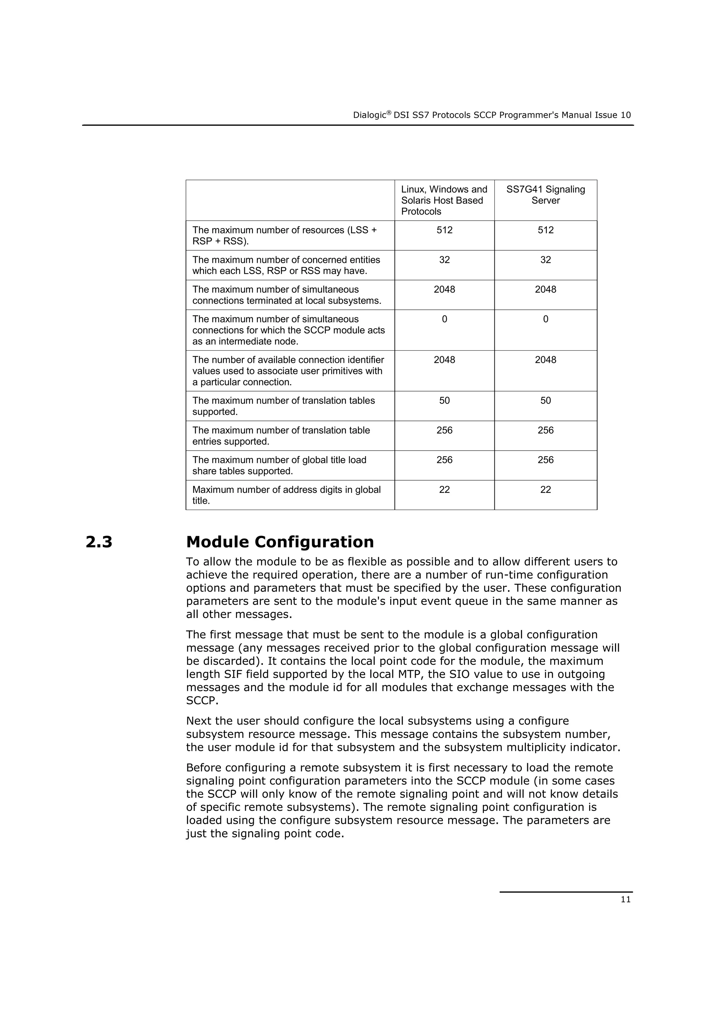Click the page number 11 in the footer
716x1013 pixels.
625,900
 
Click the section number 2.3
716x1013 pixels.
99,542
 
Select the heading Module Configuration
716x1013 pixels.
280,542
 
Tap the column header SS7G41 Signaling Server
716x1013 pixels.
545,195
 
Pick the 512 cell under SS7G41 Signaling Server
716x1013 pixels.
545,230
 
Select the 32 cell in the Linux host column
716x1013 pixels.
444,260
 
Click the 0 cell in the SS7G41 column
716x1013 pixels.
545,319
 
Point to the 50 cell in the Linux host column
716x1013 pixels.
444,401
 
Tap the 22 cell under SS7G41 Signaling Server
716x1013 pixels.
545,490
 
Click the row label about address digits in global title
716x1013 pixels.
286,495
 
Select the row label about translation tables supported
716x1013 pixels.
283,406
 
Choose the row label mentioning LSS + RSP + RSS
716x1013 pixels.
284,235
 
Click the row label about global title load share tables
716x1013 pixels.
279,466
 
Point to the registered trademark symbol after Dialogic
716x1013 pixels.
389,113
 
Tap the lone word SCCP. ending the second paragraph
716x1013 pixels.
202,701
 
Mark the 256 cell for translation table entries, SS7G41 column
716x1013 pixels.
545,430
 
